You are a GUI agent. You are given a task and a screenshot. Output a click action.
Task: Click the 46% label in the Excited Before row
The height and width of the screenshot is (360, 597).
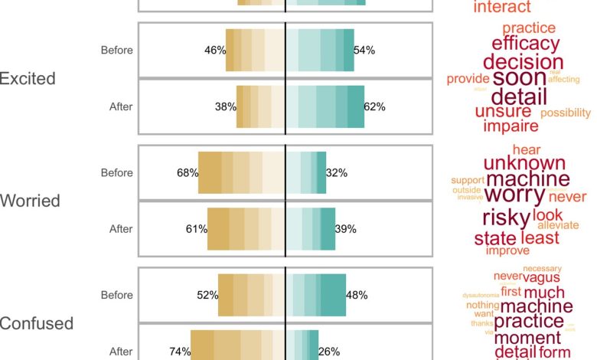[x=215, y=51]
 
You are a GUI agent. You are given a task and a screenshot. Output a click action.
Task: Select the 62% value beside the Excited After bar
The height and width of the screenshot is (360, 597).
[x=374, y=106]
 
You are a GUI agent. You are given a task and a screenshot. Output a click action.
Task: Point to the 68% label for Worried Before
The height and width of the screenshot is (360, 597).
[x=188, y=173]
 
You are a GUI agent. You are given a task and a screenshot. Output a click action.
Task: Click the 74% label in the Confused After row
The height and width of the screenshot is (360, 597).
[x=180, y=352]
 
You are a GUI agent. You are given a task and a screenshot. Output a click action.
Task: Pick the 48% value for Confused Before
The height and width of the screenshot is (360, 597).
[x=356, y=295]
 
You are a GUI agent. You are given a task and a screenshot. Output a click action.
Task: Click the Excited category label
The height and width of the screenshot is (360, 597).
[x=28, y=78]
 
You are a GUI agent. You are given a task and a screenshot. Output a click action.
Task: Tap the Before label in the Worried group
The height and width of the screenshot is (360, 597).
[x=117, y=173]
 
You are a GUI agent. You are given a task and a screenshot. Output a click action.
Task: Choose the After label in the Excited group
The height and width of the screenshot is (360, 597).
[x=121, y=106]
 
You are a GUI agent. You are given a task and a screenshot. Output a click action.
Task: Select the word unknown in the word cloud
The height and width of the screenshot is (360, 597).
[x=524, y=162]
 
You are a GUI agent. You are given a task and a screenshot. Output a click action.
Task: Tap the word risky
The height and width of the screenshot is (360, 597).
[x=501, y=216]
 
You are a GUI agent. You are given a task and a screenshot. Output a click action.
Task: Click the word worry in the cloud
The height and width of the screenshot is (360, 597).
[x=514, y=191]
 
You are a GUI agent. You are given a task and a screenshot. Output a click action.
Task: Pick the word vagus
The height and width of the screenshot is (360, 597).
[x=543, y=277]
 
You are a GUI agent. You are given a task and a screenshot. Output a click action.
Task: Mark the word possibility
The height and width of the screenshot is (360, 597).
[x=566, y=113]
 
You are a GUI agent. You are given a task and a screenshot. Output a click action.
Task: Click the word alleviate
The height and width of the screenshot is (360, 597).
[x=558, y=225]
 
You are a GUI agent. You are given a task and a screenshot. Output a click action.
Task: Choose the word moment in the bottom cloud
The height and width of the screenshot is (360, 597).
[x=527, y=338]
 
